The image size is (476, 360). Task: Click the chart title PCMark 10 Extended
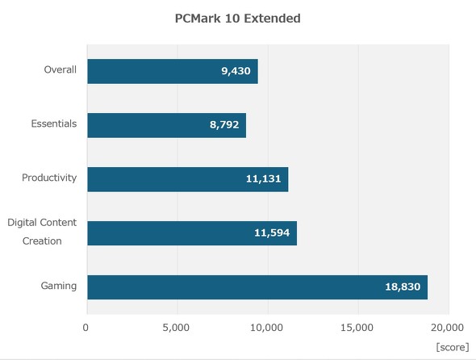237,18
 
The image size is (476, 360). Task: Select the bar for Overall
172,71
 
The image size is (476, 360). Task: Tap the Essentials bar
165,125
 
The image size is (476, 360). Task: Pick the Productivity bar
186,178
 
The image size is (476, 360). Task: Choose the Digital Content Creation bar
191,232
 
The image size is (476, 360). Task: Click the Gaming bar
257,287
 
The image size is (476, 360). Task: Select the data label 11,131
263,178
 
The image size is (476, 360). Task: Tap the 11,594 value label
272,232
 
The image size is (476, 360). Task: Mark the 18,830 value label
403,287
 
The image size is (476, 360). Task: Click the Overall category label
60,69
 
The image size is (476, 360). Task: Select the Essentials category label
53,123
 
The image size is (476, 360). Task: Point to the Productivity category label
49,178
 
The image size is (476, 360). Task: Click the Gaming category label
59,286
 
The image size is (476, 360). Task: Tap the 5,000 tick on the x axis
176,328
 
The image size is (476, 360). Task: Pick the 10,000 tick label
266,328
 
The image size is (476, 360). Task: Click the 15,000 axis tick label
357,328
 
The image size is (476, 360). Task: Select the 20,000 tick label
446,328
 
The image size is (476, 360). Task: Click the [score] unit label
452,346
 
